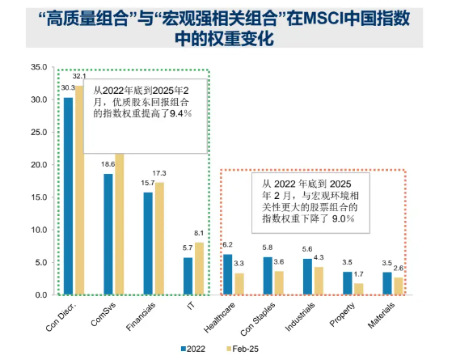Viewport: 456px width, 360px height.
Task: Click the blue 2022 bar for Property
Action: pyautogui.click(x=347, y=283)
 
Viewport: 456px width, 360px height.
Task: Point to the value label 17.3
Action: pyautogui.click(x=159, y=174)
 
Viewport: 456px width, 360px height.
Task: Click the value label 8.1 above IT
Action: pyautogui.click(x=199, y=234)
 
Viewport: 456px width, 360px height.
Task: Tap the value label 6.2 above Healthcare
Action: pyautogui.click(x=227, y=246)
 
